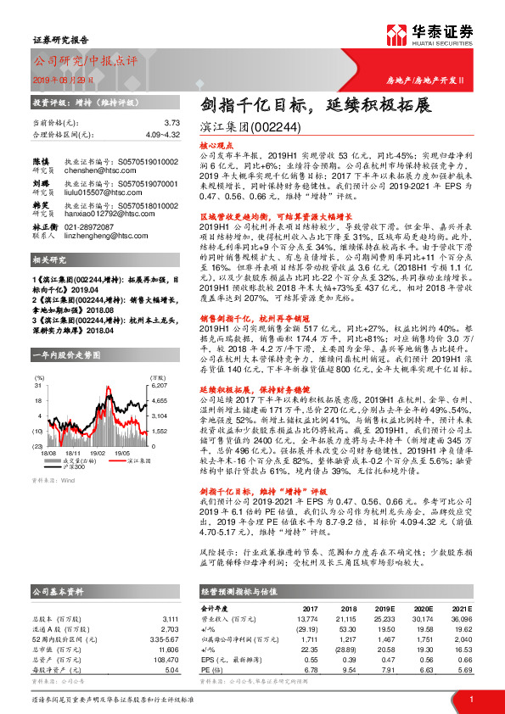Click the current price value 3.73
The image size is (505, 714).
coord(173,123)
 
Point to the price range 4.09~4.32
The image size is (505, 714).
coord(161,134)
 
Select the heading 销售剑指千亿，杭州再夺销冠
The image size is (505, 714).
coord(250,316)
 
